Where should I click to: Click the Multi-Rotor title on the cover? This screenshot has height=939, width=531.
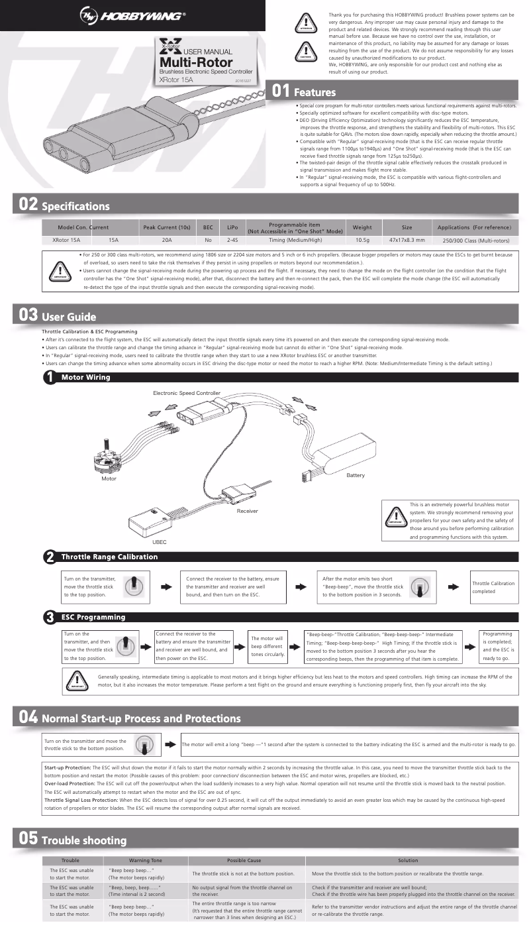[x=195, y=62]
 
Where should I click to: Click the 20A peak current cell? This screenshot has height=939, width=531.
[x=167, y=241]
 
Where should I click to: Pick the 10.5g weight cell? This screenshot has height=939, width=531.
[x=362, y=241]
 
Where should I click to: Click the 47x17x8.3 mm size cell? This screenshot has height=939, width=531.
[x=407, y=241]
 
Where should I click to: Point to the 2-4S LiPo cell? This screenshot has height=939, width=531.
[x=232, y=241]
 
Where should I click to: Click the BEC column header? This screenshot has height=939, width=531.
[x=207, y=227]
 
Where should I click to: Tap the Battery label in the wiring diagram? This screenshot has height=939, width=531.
[x=356, y=476]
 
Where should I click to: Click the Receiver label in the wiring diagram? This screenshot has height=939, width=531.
[x=247, y=511]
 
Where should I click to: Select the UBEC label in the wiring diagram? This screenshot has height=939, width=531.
[x=160, y=541]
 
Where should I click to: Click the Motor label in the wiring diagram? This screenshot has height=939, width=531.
[x=109, y=478]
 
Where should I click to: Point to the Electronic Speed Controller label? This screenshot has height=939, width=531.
[x=187, y=393]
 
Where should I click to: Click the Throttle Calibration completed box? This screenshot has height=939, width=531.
[x=493, y=587]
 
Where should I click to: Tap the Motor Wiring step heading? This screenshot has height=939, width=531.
[x=85, y=377]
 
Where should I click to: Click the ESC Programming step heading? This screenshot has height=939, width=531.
[x=93, y=617]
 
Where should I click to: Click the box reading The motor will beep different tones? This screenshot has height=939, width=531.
[x=267, y=645]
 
